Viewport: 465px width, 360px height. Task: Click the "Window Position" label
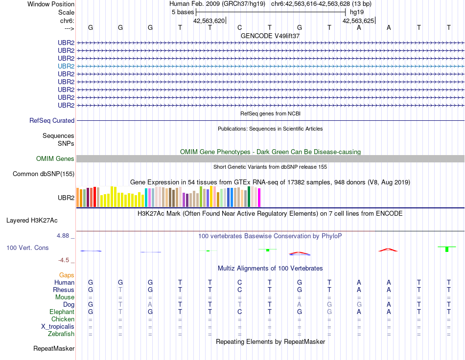(51, 4)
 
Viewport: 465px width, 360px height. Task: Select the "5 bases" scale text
(183, 12)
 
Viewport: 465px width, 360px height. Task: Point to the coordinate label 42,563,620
(209, 21)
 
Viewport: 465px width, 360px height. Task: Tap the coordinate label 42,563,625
(358, 21)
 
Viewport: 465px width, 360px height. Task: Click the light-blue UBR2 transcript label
(66, 66)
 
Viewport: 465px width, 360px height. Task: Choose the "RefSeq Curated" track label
(52, 120)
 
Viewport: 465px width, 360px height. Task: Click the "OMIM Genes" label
(55, 158)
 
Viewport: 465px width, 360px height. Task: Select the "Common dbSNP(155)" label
(44, 174)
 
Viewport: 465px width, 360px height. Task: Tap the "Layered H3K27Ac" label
(40, 221)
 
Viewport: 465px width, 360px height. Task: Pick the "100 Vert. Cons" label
(27, 248)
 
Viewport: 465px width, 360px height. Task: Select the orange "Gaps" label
(67, 275)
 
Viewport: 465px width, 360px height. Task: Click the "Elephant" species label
(62, 312)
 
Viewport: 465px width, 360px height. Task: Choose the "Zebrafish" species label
(61, 334)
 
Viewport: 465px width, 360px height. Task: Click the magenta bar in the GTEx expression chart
(259, 197)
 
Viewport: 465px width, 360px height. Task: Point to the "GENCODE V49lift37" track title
(270, 36)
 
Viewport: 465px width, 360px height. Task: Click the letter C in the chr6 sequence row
(240, 27)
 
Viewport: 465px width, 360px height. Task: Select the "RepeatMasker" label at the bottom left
(54, 349)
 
